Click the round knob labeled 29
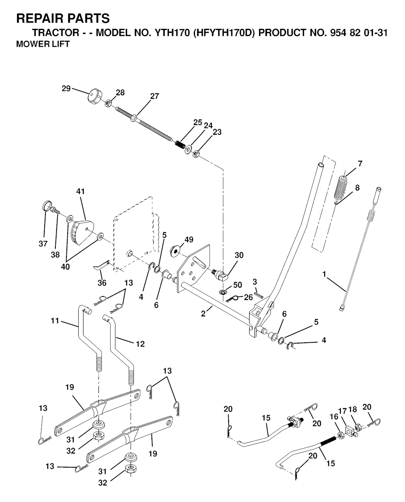[x=94, y=96]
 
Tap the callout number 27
[x=155, y=96]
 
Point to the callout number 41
[x=80, y=191]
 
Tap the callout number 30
[x=238, y=255]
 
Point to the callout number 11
[x=55, y=321]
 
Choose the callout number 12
[x=140, y=344]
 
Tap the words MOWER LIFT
[x=43, y=44]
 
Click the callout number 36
[x=102, y=283]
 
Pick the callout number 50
[x=237, y=285]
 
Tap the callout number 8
[x=357, y=188]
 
